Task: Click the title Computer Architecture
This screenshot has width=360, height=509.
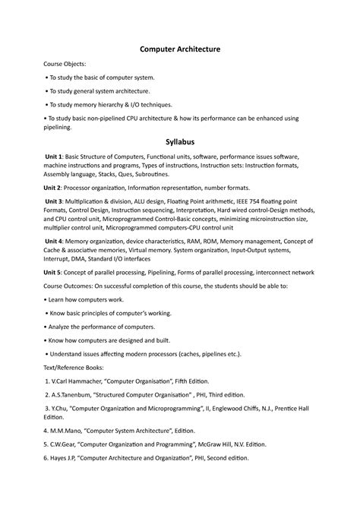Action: (x=179, y=49)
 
